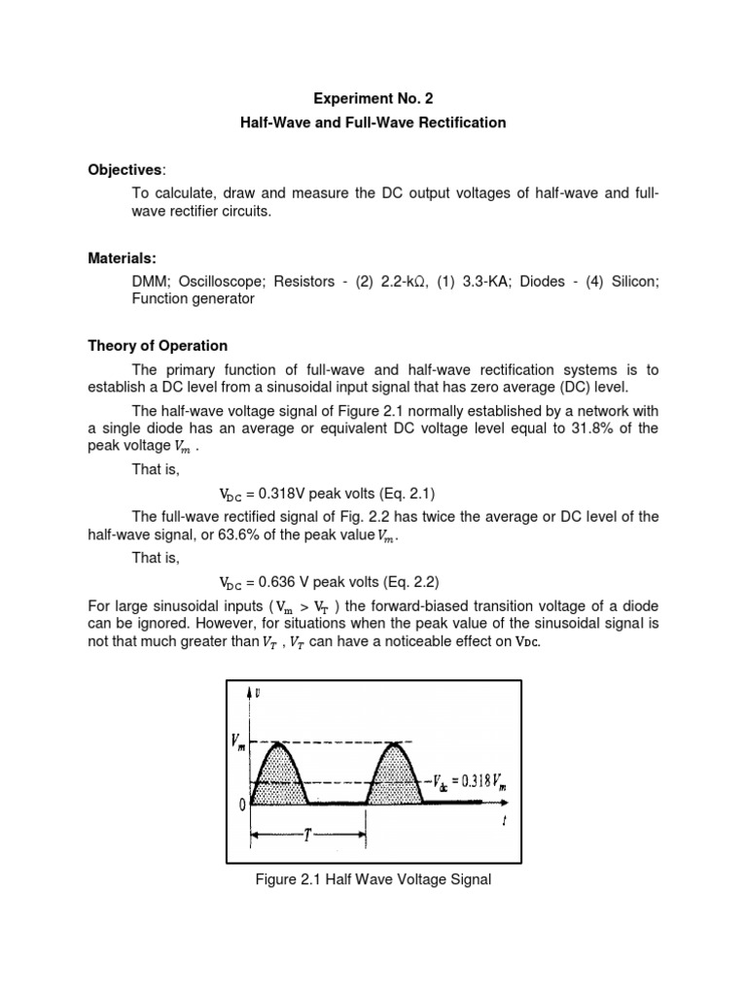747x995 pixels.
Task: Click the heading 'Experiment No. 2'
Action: (373, 99)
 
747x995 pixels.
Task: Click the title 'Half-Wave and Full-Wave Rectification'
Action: (373, 122)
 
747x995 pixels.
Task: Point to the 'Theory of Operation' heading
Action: (158, 346)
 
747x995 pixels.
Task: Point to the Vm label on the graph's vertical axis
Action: (238, 744)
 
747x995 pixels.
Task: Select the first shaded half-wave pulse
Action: (280, 777)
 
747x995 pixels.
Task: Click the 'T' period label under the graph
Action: (307, 837)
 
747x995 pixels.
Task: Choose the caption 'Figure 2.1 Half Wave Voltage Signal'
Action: (373, 880)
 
